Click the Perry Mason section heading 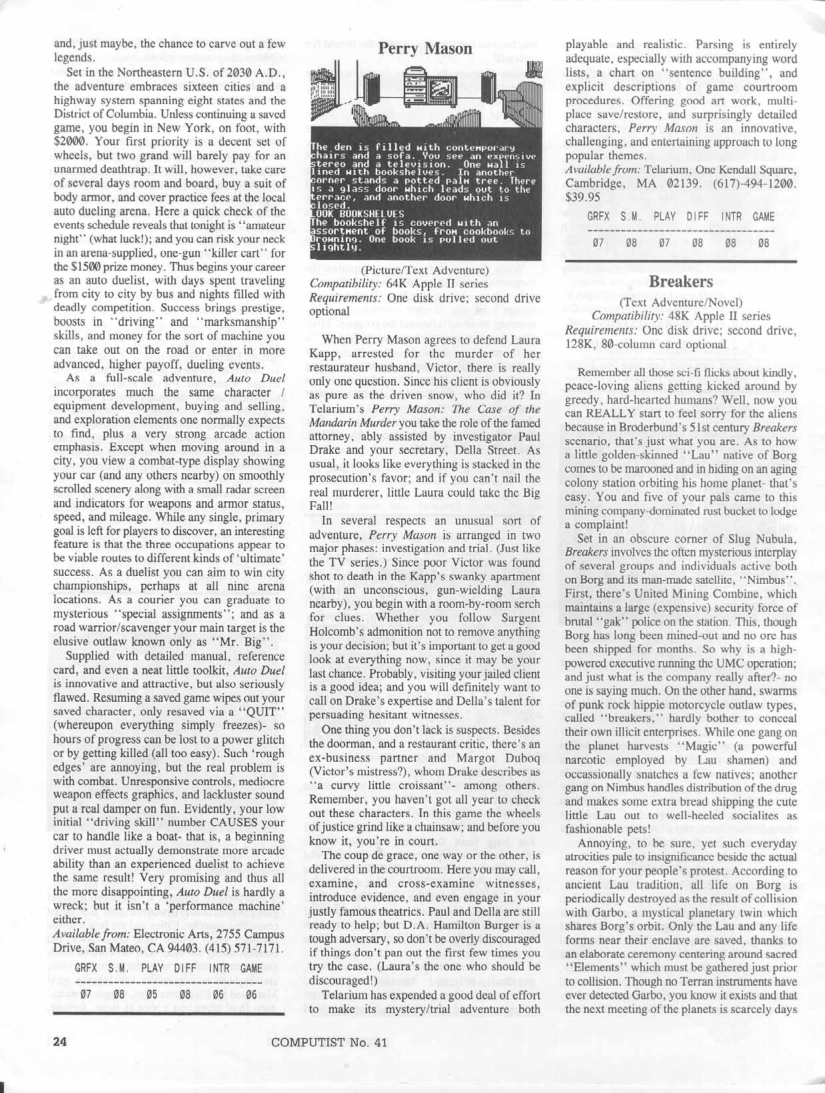coord(424,49)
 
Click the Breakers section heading coord(680,281)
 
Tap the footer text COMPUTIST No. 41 coord(329,1043)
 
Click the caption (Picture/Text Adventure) coord(424,270)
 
